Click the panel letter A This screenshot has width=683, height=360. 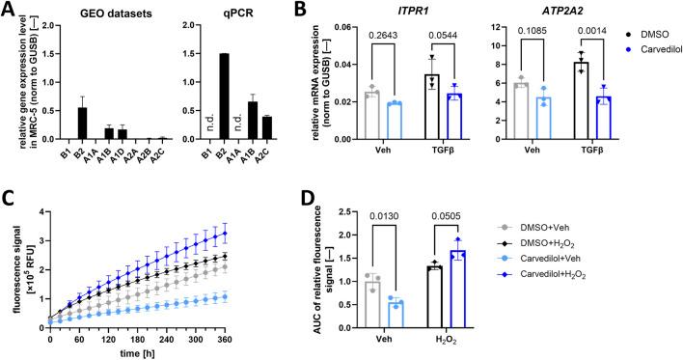[x=9, y=10]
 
